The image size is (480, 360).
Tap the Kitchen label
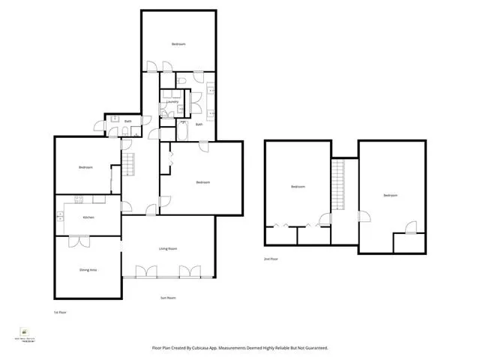tap(87, 217)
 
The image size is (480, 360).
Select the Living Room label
tap(167, 248)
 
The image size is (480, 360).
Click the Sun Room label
tap(168, 298)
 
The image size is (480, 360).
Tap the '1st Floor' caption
tap(60, 311)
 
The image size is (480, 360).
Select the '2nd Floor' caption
tap(271, 259)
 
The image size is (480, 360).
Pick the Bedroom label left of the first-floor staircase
tap(85, 167)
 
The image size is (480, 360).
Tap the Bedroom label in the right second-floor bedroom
tap(390, 196)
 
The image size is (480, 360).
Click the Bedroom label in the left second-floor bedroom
tap(298, 186)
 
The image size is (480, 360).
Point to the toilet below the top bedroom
tap(182, 80)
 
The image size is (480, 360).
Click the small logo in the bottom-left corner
tap(25, 330)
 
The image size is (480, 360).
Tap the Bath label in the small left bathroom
tap(127, 121)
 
